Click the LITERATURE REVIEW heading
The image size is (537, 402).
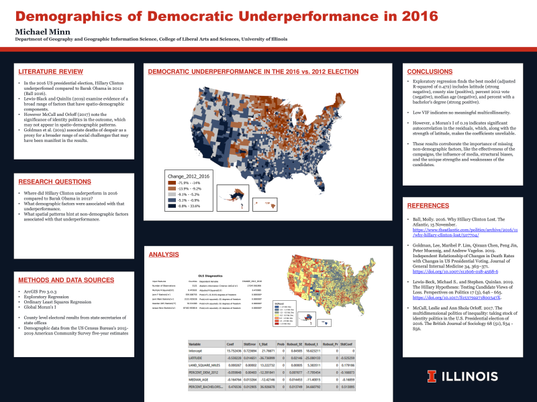(46, 71)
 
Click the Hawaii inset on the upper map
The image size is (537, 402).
(262, 202)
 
